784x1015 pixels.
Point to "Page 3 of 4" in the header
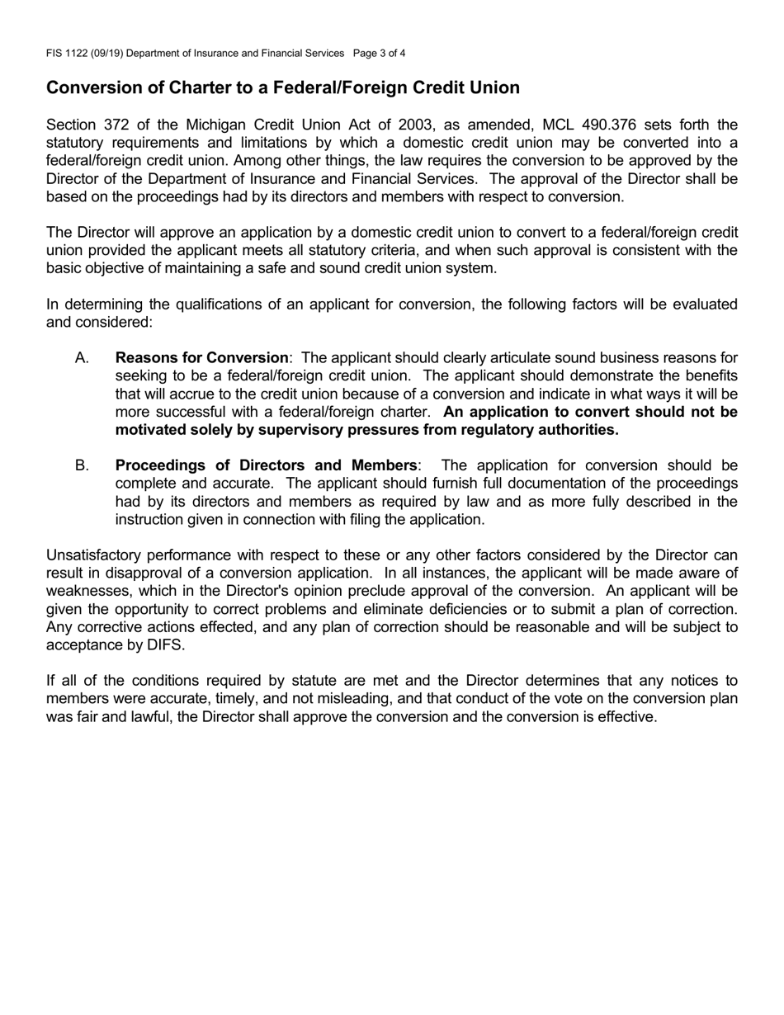click(379, 54)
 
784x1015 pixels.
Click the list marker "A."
click(82, 358)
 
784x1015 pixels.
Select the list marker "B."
click(82, 465)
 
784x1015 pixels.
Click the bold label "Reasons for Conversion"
click(202, 358)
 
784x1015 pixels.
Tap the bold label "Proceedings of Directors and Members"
click(266, 465)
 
